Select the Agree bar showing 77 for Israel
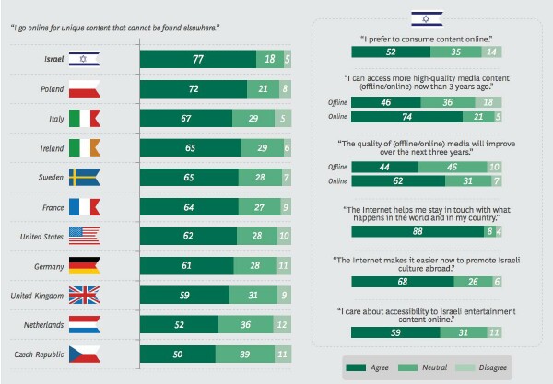click(197, 60)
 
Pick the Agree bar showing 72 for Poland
click(194, 90)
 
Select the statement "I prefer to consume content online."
click(429, 40)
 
